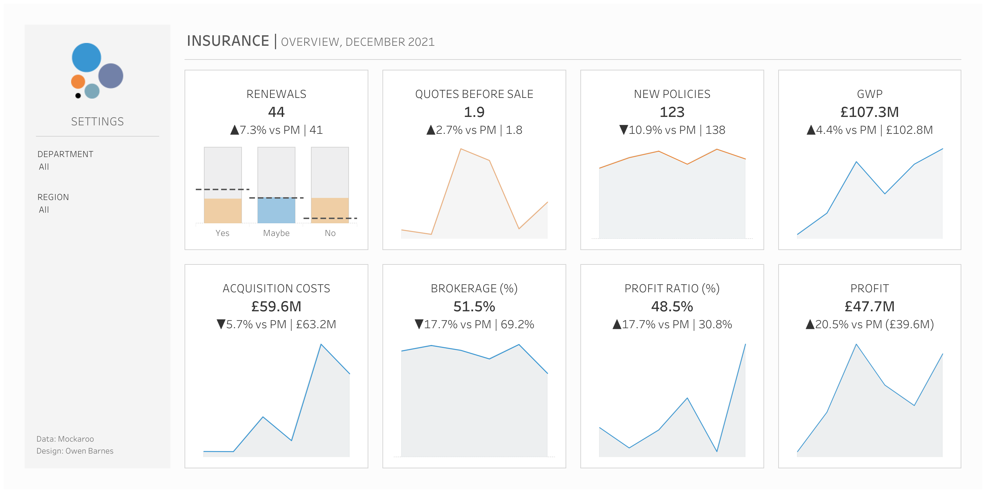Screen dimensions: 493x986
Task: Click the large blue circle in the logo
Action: point(87,57)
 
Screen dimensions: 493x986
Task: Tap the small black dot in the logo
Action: point(78,96)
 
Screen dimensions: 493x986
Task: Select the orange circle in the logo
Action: point(78,82)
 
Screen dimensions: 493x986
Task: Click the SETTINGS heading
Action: point(97,122)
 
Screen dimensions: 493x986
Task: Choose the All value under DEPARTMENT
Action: point(44,167)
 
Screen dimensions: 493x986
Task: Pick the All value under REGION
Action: point(44,210)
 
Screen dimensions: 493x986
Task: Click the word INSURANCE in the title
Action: point(228,41)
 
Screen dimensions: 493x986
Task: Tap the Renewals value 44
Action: point(276,112)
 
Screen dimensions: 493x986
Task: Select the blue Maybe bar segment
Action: point(276,211)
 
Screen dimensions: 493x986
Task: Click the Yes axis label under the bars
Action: point(223,233)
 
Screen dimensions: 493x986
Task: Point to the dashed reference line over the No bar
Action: point(330,218)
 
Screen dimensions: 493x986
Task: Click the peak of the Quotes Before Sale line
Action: point(461,149)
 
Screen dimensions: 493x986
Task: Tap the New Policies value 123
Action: point(672,112)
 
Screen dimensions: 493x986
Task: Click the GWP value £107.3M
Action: point(869,112)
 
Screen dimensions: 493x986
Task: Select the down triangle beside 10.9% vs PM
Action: point(623,130)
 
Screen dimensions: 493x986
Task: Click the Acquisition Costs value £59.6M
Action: point(276,307)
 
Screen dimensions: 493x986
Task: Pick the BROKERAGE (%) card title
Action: point(474,288)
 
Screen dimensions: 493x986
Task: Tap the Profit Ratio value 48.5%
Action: point(672,307)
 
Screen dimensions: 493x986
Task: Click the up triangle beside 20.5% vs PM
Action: point(810,325)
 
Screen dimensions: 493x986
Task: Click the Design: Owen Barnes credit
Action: point(75,451)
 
